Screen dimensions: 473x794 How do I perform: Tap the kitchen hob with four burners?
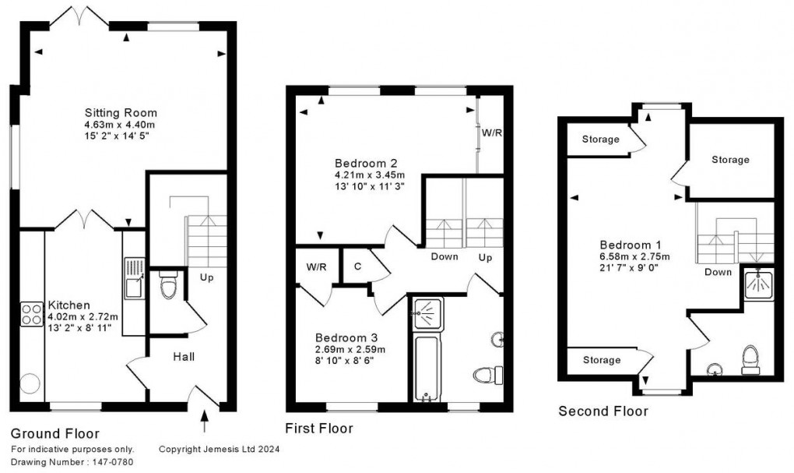[31, 314]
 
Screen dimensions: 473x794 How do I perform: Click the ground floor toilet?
[166, 288]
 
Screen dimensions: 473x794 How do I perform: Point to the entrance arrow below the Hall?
[206, 423]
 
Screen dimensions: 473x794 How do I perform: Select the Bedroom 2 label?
[366, 164]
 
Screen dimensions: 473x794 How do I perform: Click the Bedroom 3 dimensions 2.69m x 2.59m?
[350, 349]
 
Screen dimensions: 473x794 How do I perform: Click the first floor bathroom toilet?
[486, 375]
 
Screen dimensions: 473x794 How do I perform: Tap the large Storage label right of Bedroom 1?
[730, 160]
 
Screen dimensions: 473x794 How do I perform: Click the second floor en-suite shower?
[757, 284]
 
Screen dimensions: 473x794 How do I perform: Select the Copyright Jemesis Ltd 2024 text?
[219, 449]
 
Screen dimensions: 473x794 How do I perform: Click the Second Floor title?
[603, 411]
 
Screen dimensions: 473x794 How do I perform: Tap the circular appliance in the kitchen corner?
[30, 383]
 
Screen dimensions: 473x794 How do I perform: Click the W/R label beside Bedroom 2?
[491, 133]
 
